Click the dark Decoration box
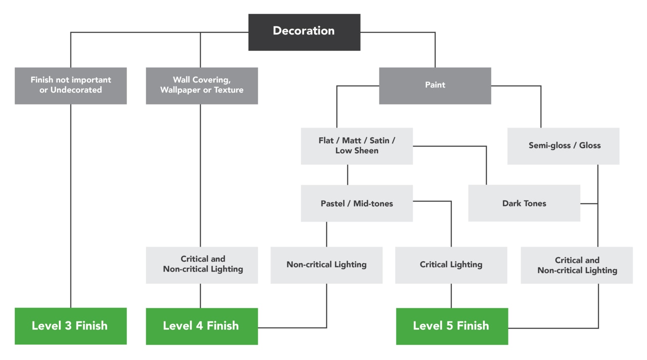pos(304,32)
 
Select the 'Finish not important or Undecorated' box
pos(71,85)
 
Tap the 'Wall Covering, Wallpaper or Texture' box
pos(202,85)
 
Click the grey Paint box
pos(435,85)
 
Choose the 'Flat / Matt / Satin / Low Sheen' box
pos(356,146)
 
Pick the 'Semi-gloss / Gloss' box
pos(563,146)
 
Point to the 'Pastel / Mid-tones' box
pos(356,203)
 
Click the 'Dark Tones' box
pos(524,203)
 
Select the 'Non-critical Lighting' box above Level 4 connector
pos(326,265)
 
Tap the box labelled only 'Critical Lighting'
pos(451,265)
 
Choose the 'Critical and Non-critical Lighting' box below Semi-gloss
pos(577,265)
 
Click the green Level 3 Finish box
pos(71,326)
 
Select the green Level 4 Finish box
pos(202,326)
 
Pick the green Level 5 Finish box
pos(452,326)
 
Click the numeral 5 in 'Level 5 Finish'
pos(450,326)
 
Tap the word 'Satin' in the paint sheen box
pos(379,141)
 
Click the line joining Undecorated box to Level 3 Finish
pos(71,206)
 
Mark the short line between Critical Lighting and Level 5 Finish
pos(451,296)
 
